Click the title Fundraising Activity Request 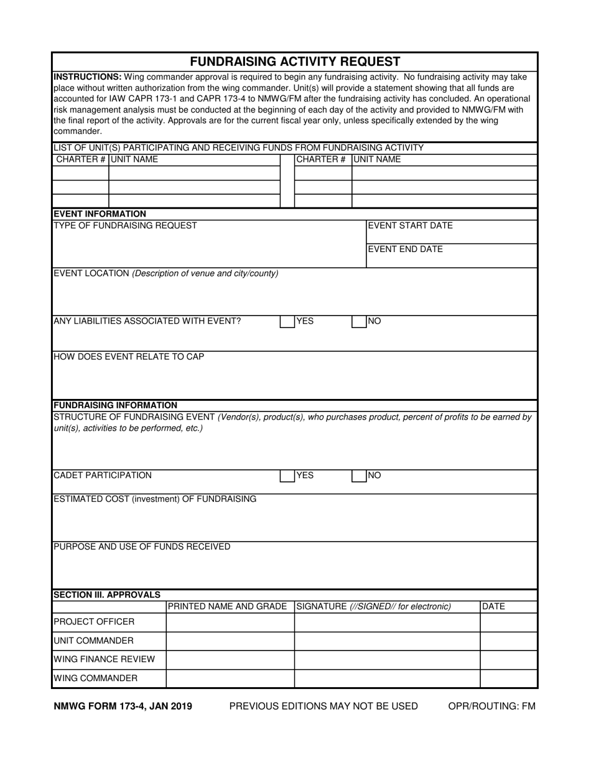295,61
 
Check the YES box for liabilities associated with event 287,322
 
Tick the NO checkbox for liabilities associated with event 359,322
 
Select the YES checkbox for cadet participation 287,476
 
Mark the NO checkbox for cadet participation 359,476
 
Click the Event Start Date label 410,226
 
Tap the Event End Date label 405,250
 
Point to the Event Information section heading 100,214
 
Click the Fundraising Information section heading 116,405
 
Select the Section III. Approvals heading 107,594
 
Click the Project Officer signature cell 386,622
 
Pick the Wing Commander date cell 508,678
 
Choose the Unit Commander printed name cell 230,641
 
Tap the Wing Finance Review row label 105,660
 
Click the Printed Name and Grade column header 228,606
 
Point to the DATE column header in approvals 493,606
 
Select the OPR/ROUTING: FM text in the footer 491,706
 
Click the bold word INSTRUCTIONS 88,77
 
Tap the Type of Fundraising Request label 126,226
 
